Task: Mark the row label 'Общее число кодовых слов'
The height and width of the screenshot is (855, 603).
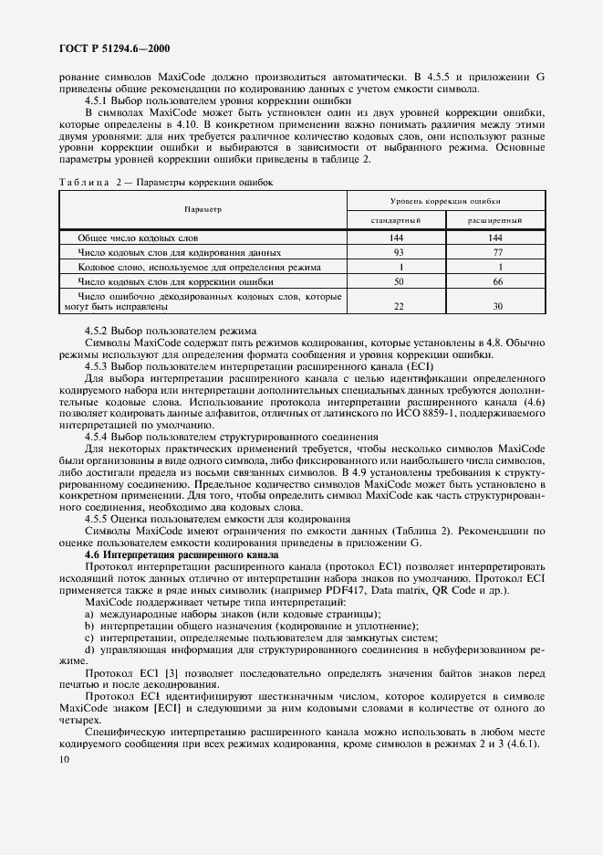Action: (x=137, y=237)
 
